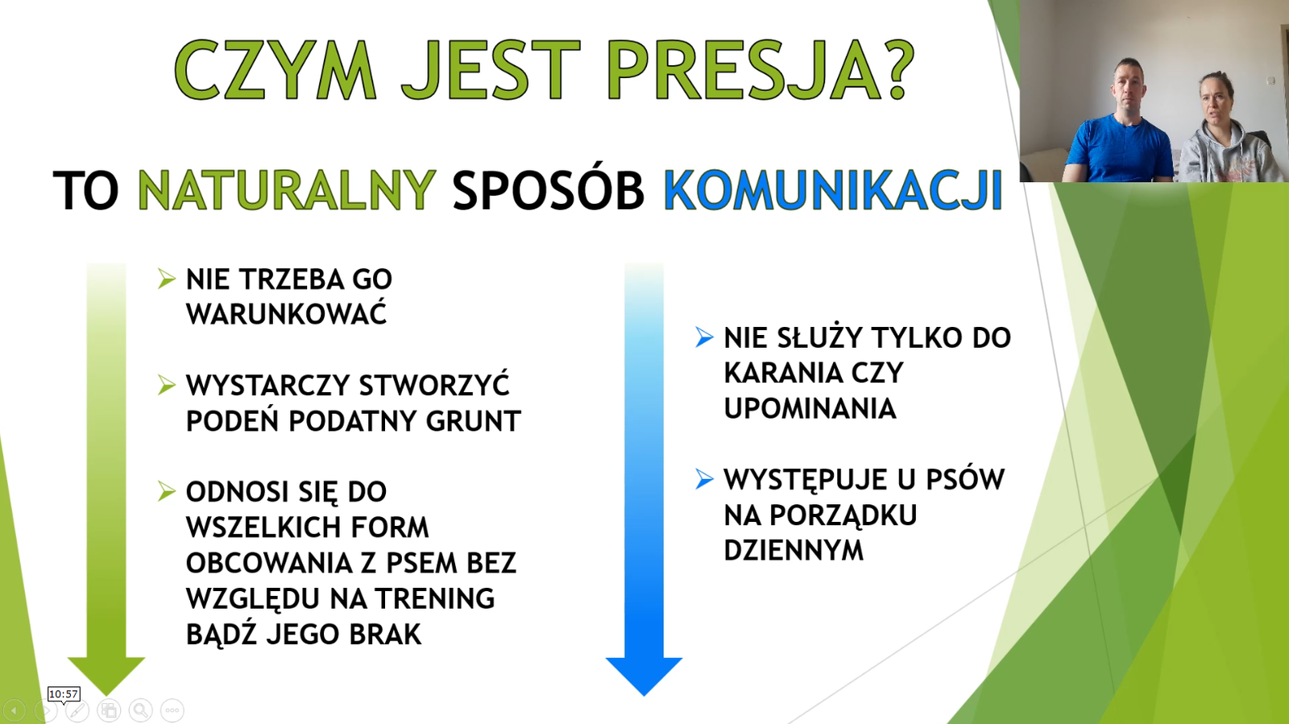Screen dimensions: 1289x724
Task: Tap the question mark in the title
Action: click(896, 69)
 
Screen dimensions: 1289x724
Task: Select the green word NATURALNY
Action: click(287, 190)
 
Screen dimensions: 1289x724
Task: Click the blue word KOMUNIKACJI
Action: click(833, 190)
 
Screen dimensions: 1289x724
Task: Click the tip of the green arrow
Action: click(106, 695)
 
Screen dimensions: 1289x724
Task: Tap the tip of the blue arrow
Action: click(644, 695)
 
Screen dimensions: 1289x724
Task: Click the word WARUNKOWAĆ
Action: click(287, 315)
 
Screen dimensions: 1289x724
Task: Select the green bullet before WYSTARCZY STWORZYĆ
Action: click(166, 385)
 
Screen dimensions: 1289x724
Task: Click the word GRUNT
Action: click(473, 421)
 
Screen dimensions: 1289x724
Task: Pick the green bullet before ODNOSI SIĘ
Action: click(166, 491)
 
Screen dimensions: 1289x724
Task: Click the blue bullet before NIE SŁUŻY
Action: click(704, 337)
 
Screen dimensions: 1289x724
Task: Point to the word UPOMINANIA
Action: click(810, 408)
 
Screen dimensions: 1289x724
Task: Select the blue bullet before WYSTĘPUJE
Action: click(704, 478)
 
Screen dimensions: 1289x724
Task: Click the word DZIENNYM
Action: click(794, 550)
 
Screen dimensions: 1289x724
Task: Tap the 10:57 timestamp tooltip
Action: click(64, 694)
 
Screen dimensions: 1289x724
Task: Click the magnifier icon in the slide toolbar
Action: click(140, 710)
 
